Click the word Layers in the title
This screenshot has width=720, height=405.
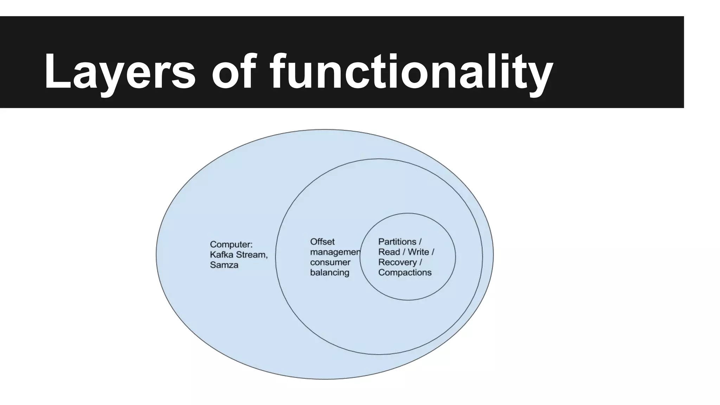click(120, 72)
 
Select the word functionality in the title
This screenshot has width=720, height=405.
click(411, 72)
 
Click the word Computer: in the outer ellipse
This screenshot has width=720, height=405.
click(231, 244)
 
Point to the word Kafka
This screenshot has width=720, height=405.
click(221, 255)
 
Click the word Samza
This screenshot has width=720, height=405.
click(224, 265)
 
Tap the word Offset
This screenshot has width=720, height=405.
click(322, 242)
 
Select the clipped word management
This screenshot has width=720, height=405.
click(335, 252)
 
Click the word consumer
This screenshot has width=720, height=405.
click(330, 262)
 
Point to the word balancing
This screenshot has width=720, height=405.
click(329, 272)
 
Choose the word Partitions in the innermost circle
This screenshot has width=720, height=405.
click(397, 242)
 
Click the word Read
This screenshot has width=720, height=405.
click(389, 252)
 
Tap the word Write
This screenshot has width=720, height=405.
click(418, 252)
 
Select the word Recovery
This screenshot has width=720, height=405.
click(397, 262)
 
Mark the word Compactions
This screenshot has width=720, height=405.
click(405, 272)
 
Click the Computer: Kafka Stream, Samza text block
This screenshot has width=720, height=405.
click(239, 255)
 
